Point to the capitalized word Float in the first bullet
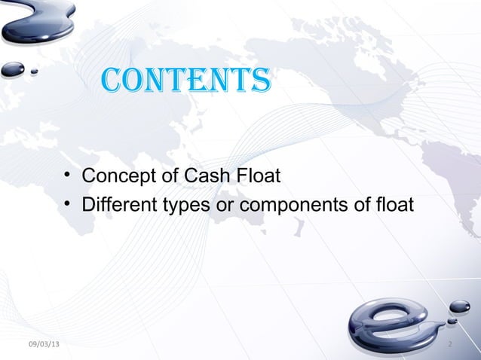pyautogui.click(x=259, y=177)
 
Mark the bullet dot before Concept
pyautogui.click(x=68, y=178)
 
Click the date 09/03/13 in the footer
pyautogui.click(x=45, y=345)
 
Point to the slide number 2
pyautogui.click(x=449, y=345)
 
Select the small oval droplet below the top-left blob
pyautogui.click(x=13, y=69)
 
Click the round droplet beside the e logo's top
pyautogui.click(x=459, y=307)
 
